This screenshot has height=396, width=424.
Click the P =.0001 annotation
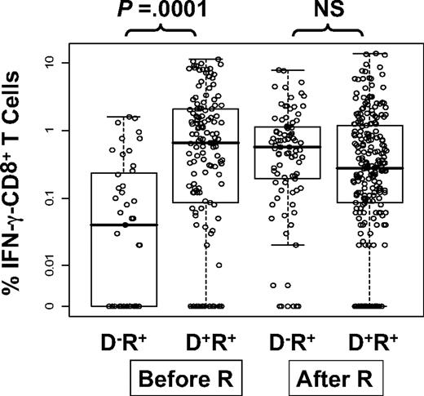[x=160, y=12]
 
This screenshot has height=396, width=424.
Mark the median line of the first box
[x=124, y=225]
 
